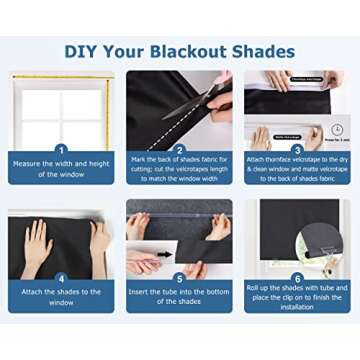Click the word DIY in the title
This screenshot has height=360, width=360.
[85, 51]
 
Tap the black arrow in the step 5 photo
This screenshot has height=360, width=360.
[163, 254]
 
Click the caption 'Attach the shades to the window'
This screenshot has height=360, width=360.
[61, 297]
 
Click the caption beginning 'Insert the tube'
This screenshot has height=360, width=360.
[179, 297]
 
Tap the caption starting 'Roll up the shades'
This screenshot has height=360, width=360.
[297, 294]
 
